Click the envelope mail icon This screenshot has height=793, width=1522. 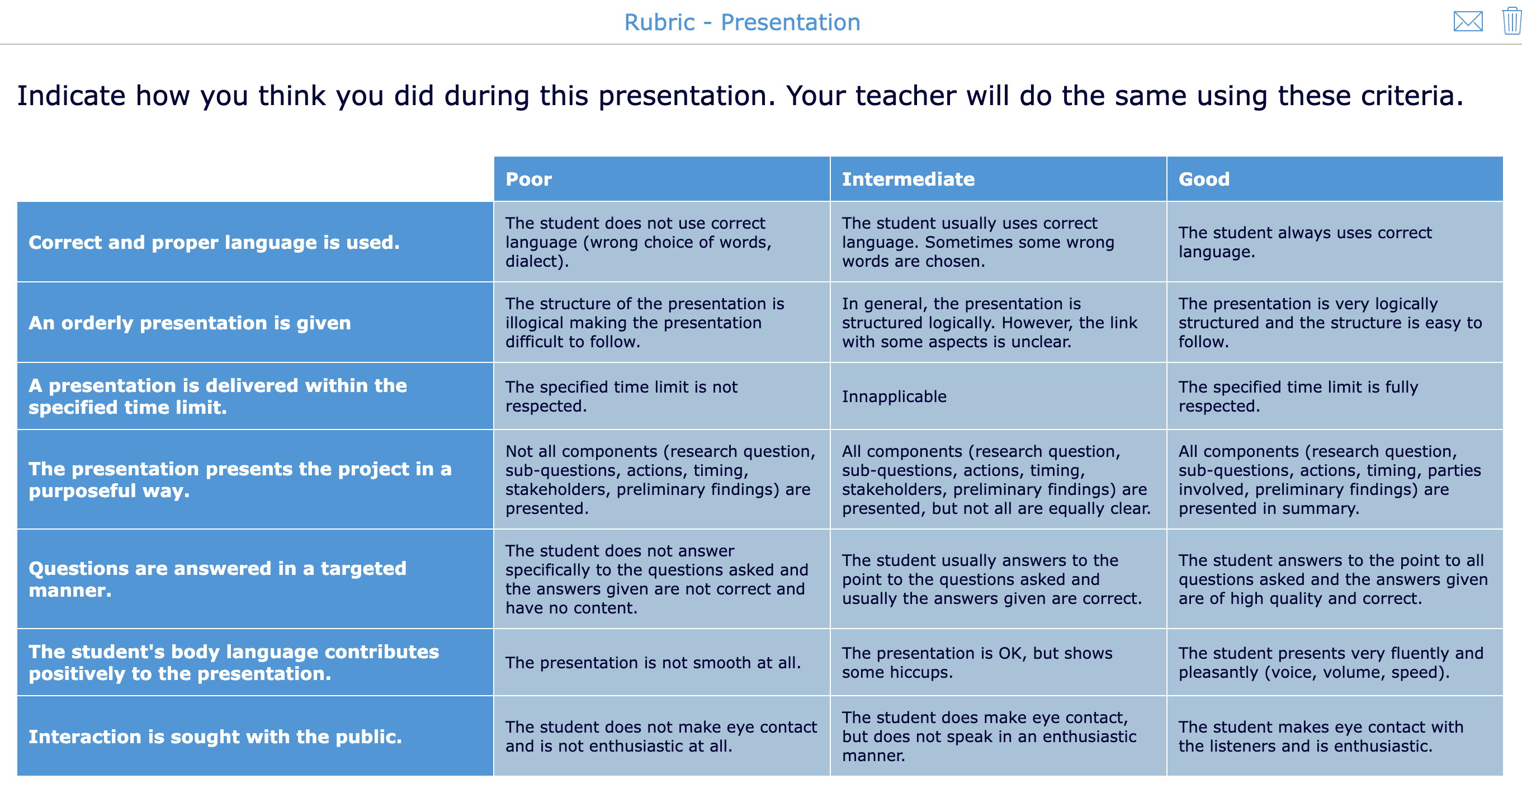pyautogui.click(x=1468, y=22)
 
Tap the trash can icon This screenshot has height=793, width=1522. pyautogui.click(x=1511, y=22)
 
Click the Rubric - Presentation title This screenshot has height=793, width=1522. pyautogui.click(x=742, y=22)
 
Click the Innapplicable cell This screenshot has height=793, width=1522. pyautogui.click(x=894, y=396)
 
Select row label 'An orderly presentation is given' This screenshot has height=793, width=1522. pyautogui.click(x=190, y=323)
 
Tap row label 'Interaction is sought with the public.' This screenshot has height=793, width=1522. pyautogui.click(x=215, y=737)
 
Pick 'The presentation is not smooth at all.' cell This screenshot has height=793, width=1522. pyautogui.click(x=653, y=662)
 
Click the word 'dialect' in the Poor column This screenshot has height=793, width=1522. pyautogui.click(x=534, y=261)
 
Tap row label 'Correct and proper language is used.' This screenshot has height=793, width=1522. pyautogui.click(x=214, y=242)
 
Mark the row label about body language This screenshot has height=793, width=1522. pyautogui.click(x=233, y=662)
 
